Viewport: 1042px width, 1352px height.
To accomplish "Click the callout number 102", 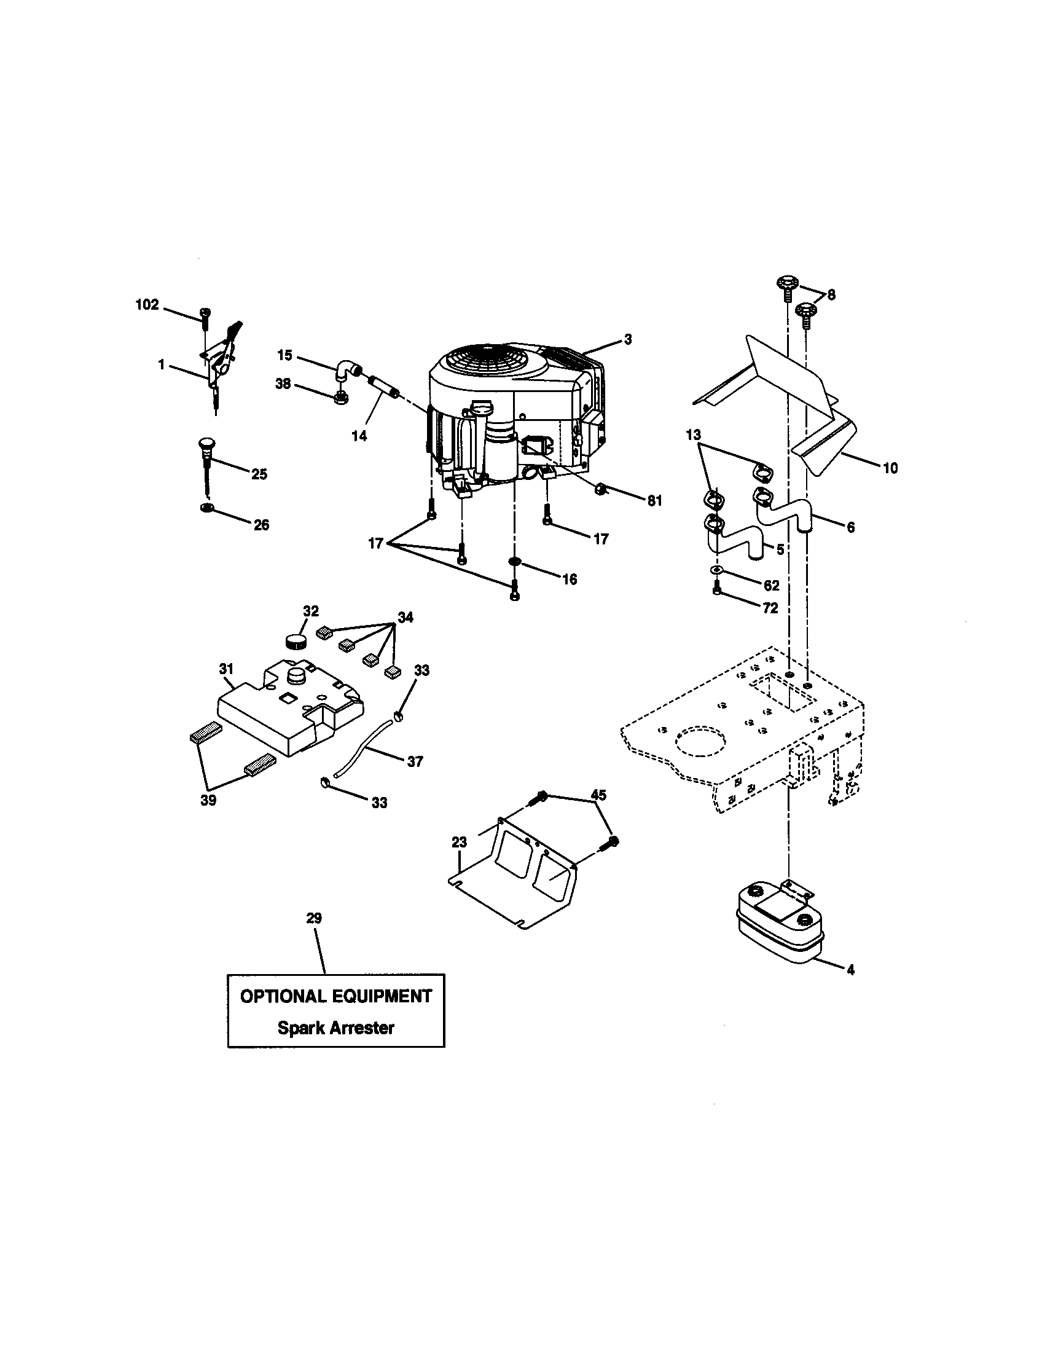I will coord(147,305).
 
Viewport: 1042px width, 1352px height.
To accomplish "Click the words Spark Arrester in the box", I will coord(335,1028).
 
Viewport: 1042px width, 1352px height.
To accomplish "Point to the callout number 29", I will coord(314,918).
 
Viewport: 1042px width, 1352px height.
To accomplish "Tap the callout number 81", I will coord(655,500).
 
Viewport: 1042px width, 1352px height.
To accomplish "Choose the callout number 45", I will coord(598,794).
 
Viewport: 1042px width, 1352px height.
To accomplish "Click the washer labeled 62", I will coord(716,568).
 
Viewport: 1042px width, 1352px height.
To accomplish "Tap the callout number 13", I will coord(694,434).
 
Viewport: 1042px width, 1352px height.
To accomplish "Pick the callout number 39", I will coord(208,800).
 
